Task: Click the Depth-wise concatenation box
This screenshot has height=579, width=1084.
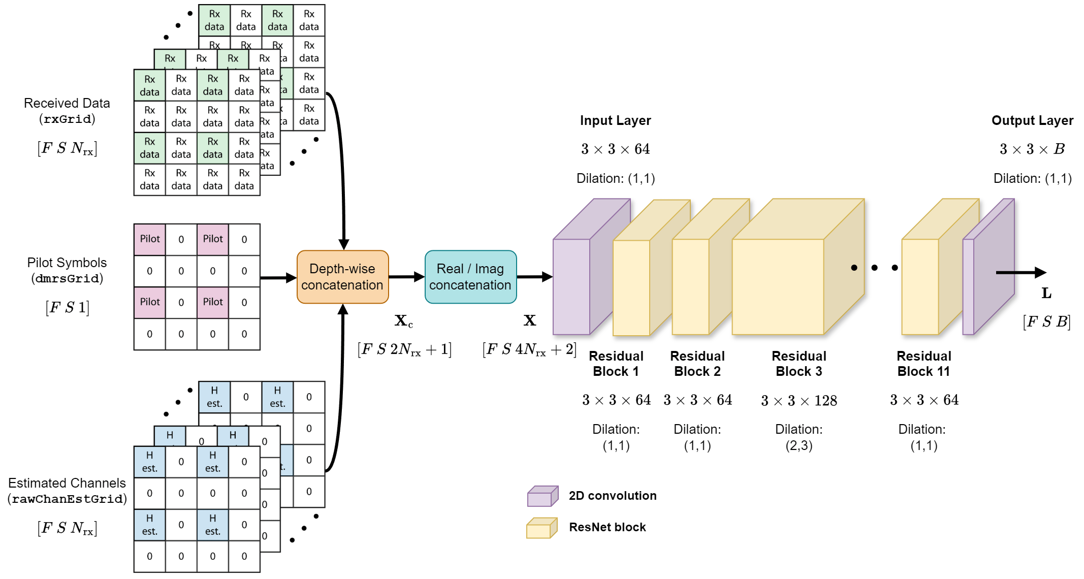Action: click(342, 277)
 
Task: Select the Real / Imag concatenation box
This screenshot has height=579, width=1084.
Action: click(470, 277)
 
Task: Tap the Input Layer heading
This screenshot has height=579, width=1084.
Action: click(615, 120)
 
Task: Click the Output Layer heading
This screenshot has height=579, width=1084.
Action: click(1032, 120)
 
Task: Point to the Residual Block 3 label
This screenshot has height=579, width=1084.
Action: click(799, 363)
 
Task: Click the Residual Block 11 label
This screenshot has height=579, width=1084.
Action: click(923, 363)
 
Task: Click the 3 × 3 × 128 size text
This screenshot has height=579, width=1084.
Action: click(799, 401)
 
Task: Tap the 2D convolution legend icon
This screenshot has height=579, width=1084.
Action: click(543, 496)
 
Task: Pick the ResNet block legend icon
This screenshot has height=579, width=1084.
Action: click(541, 528)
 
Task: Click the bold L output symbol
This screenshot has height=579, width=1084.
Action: click(1046, 293)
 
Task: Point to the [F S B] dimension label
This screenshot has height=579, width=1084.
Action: click(1046, 321)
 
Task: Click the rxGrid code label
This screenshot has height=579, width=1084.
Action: click(67, 119)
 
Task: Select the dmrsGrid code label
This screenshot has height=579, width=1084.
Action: click(67, 278)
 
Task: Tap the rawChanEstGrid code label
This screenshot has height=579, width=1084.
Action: click(67, 499)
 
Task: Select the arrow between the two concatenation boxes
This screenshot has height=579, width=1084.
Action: click(406, 277)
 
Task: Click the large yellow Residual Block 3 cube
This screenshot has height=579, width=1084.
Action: click(778, 287)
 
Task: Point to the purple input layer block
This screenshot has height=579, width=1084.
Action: click(571, 287)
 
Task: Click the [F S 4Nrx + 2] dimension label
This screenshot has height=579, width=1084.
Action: click(529, 349)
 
